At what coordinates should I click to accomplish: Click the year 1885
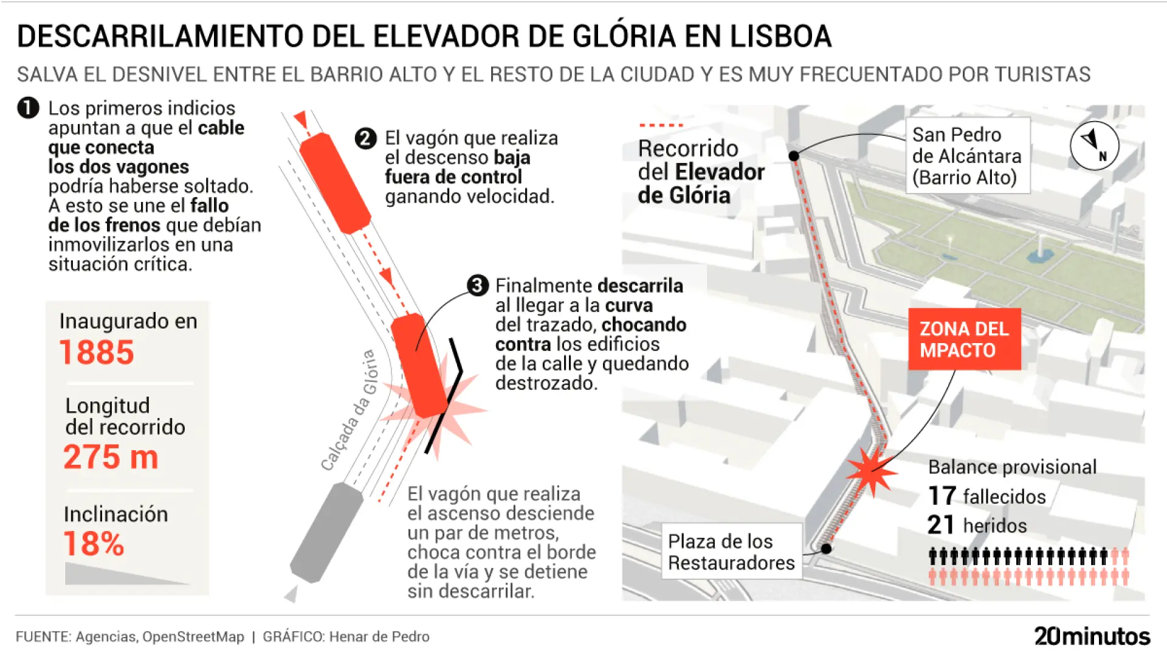coord(97,352)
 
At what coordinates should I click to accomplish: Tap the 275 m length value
coord(111,457)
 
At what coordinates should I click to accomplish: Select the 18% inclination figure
coord(94,543)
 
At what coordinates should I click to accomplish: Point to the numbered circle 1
coord(28,108)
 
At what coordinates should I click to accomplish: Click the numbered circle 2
coord(365,139)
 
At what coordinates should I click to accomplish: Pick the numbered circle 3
coord(478,285)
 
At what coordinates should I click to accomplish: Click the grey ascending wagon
coord(326,533)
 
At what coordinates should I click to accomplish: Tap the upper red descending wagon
coord(335,183)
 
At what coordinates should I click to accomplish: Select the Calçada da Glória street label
coord(349,411)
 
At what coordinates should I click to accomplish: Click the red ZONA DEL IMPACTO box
coord(964,339)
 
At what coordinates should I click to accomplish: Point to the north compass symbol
coord(1094,145)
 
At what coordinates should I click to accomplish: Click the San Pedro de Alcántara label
coord(967,156)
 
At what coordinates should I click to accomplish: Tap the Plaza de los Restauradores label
coord(731,552)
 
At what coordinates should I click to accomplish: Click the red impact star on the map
coord(872,471)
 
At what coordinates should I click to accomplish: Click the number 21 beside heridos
coord(941,525)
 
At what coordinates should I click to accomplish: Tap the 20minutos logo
coord(1092,636)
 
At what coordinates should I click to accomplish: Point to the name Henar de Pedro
coord(379,637)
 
